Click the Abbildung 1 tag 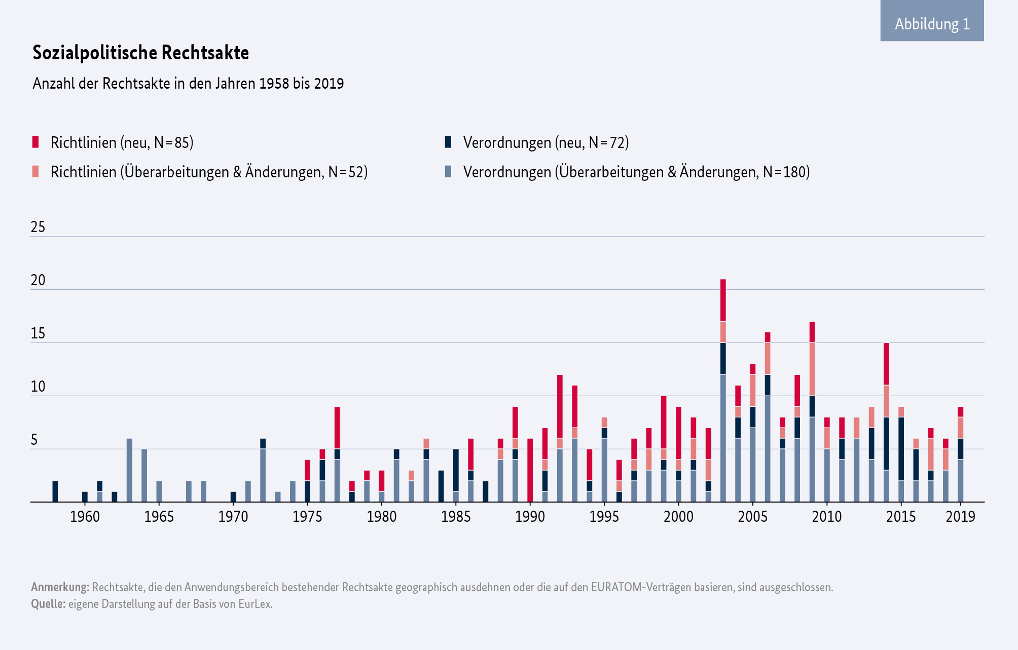click(932, 24)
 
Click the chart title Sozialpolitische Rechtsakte click(140, 53)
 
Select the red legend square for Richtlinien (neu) click(35, 142)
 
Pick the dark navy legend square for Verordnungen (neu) click(448, 142)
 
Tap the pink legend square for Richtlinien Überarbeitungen click(35, 172)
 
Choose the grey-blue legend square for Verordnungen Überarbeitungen click(448, 172)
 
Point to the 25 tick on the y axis click(38, 227)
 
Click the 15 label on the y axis click(38, 333)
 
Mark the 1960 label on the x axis click(85, 517)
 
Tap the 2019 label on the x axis click(960, 517)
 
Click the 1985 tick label click(456, 517)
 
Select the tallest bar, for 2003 click(723, 390)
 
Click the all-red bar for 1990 click(530, 470)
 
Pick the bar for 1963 click(129, 470)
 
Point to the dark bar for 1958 click(55, 491)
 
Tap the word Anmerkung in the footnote click(60, 587)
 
